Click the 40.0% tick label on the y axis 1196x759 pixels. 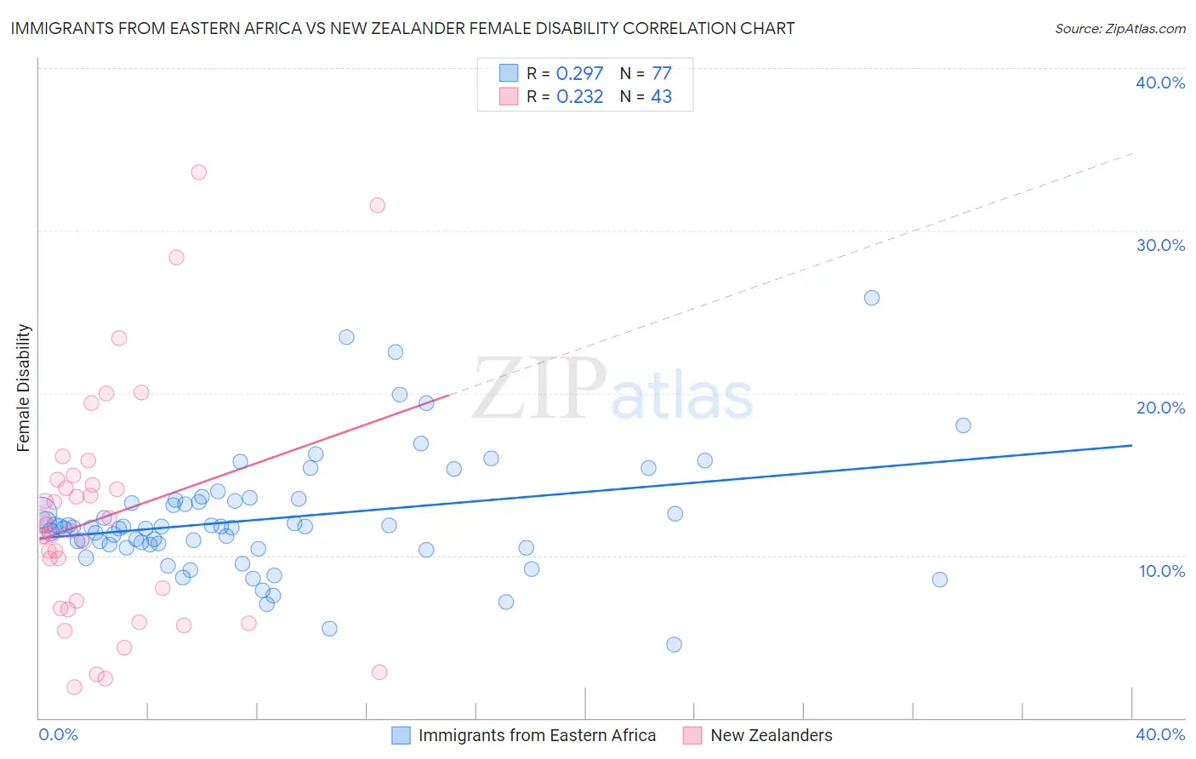[x=1159, y=83]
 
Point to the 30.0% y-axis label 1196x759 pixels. [x=1159, y=245]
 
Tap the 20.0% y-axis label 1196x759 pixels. [x=1159, y=408]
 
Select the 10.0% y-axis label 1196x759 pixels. [x=1161, y=571]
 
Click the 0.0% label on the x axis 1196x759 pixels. [x=58, y=734]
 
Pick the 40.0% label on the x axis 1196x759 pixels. [x=1159, y=734]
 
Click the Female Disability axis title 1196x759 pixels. [x=24, y=387]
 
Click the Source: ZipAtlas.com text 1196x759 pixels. [x=1119, y=28]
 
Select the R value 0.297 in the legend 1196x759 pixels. [x=579, y=74]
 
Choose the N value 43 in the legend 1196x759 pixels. [x=661, y=97]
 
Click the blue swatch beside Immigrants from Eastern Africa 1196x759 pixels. [x=401, y=735]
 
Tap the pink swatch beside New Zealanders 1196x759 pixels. [x=692, y=735]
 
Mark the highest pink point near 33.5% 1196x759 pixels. [x=199, y=172]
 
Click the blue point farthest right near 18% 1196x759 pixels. [x=963, y=425]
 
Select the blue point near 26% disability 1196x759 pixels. [x=872, y=298]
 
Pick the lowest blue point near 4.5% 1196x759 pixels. [x=674, y=644]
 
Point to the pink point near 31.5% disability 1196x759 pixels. [x=378, y=205]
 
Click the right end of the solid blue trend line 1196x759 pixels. [x=1131, y=445]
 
